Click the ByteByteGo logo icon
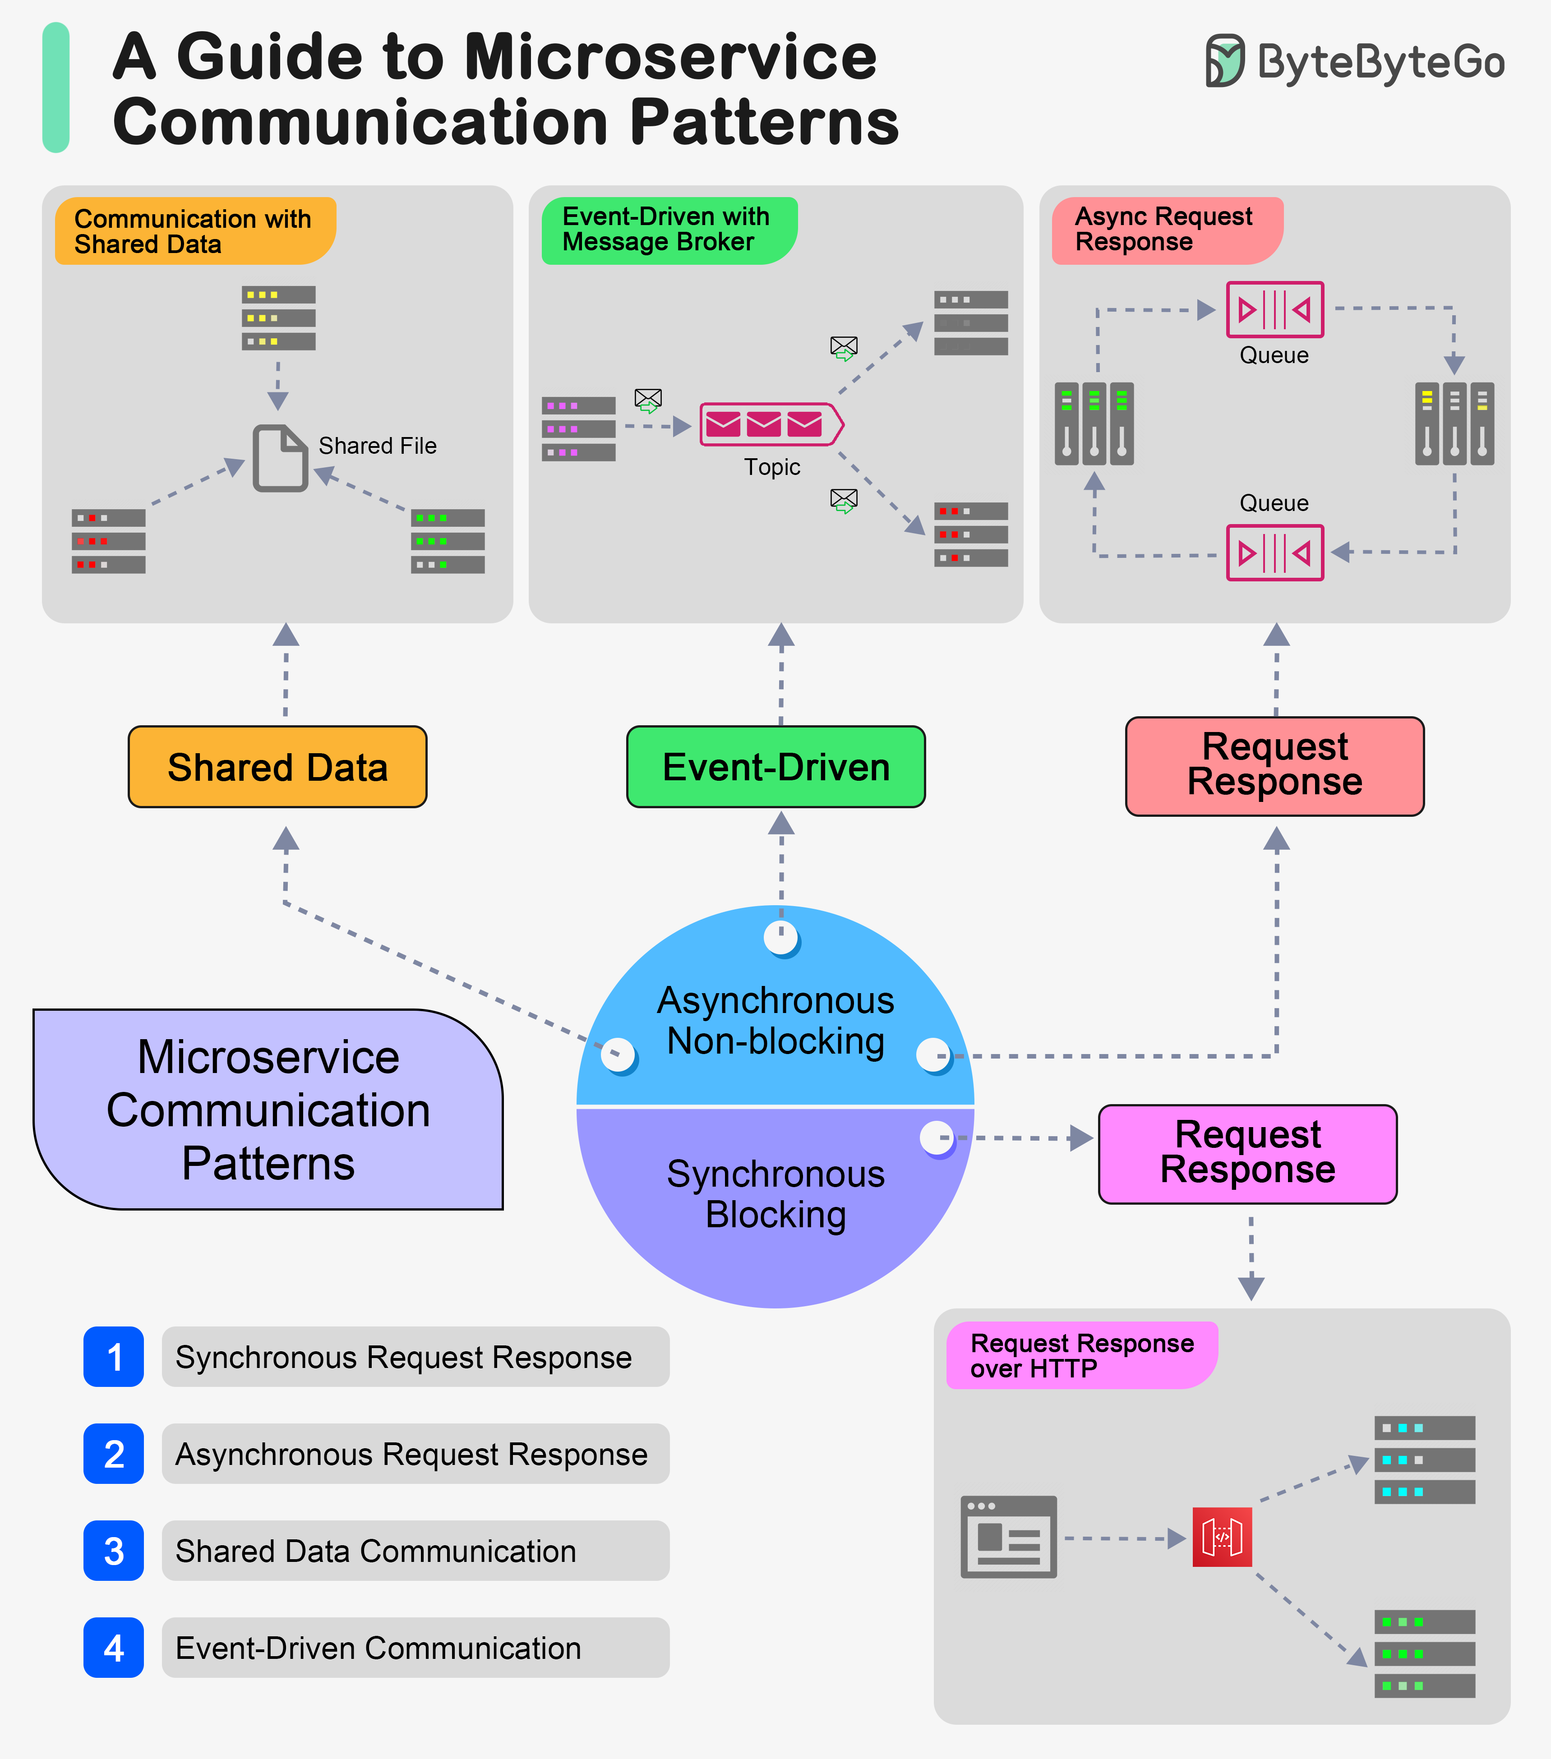1224,61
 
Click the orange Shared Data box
277,767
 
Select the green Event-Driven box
775,767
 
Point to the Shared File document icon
280,458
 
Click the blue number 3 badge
114,1551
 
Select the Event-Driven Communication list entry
415,1647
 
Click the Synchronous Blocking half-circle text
775,1194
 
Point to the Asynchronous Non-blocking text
775,1021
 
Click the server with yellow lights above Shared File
278,318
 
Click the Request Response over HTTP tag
1081,1355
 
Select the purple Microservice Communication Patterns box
268,1110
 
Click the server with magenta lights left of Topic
578,428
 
